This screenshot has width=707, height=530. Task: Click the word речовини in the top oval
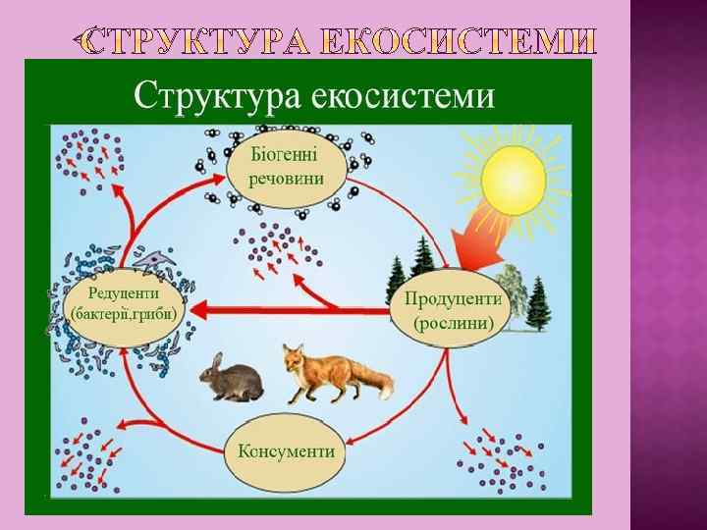click(x=286, y=180)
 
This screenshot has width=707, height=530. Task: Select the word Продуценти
click(x=453, y=299)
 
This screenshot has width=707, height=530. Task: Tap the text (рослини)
click(x=453, y=323)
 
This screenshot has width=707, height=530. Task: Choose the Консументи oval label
click(x=287, y=452)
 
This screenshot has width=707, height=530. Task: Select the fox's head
click(x=293, y=358)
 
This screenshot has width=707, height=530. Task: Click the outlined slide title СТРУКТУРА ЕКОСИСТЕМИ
click(x=339, y=41)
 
